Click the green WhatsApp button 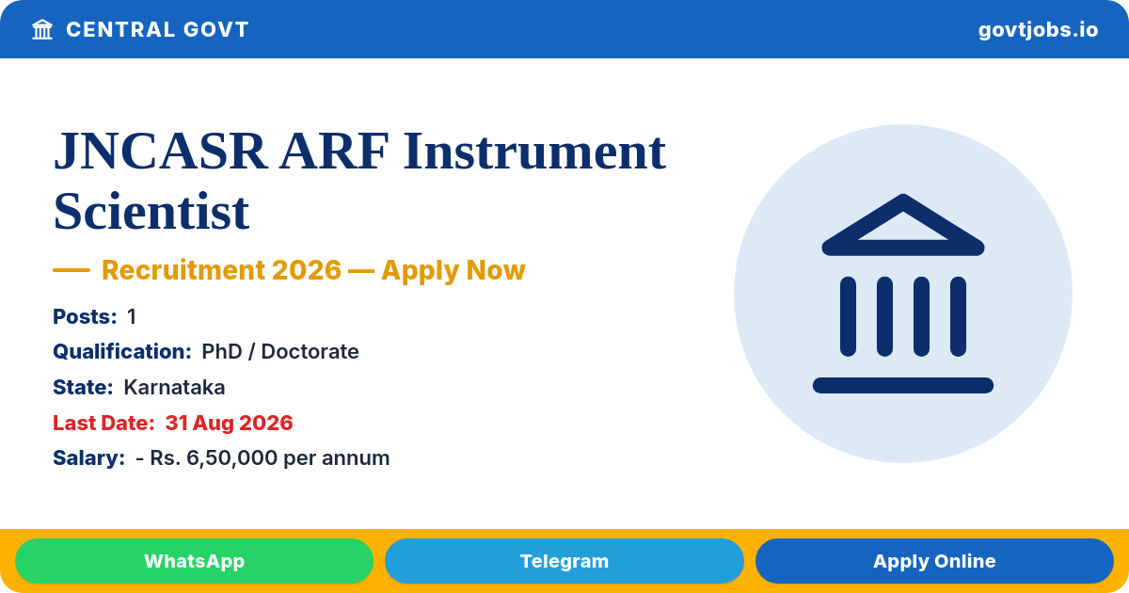(x=194, y=561)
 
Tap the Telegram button (x=564, y=561)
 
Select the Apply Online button (x=934, y=561)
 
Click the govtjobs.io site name (x=1038, y=30)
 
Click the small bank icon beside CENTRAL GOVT (x=42, y=30)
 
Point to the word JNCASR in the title (x=160, y=152)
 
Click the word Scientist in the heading (x=151, y=211)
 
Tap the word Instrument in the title (x=534, y=152)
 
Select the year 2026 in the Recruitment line (x=307, y=270)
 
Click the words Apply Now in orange (x=453, y=270)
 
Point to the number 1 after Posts (x=132, y=316)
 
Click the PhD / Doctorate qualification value (x=280, y=351)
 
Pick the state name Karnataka (x=174, y=387)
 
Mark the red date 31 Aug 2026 (x=229, y=423)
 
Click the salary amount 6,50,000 (x=231, y=458)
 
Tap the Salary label (x=88, y=457)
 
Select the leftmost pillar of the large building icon (x=849, y=316)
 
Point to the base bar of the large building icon (x=902, y=385)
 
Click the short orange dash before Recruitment (x=72, y=270)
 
